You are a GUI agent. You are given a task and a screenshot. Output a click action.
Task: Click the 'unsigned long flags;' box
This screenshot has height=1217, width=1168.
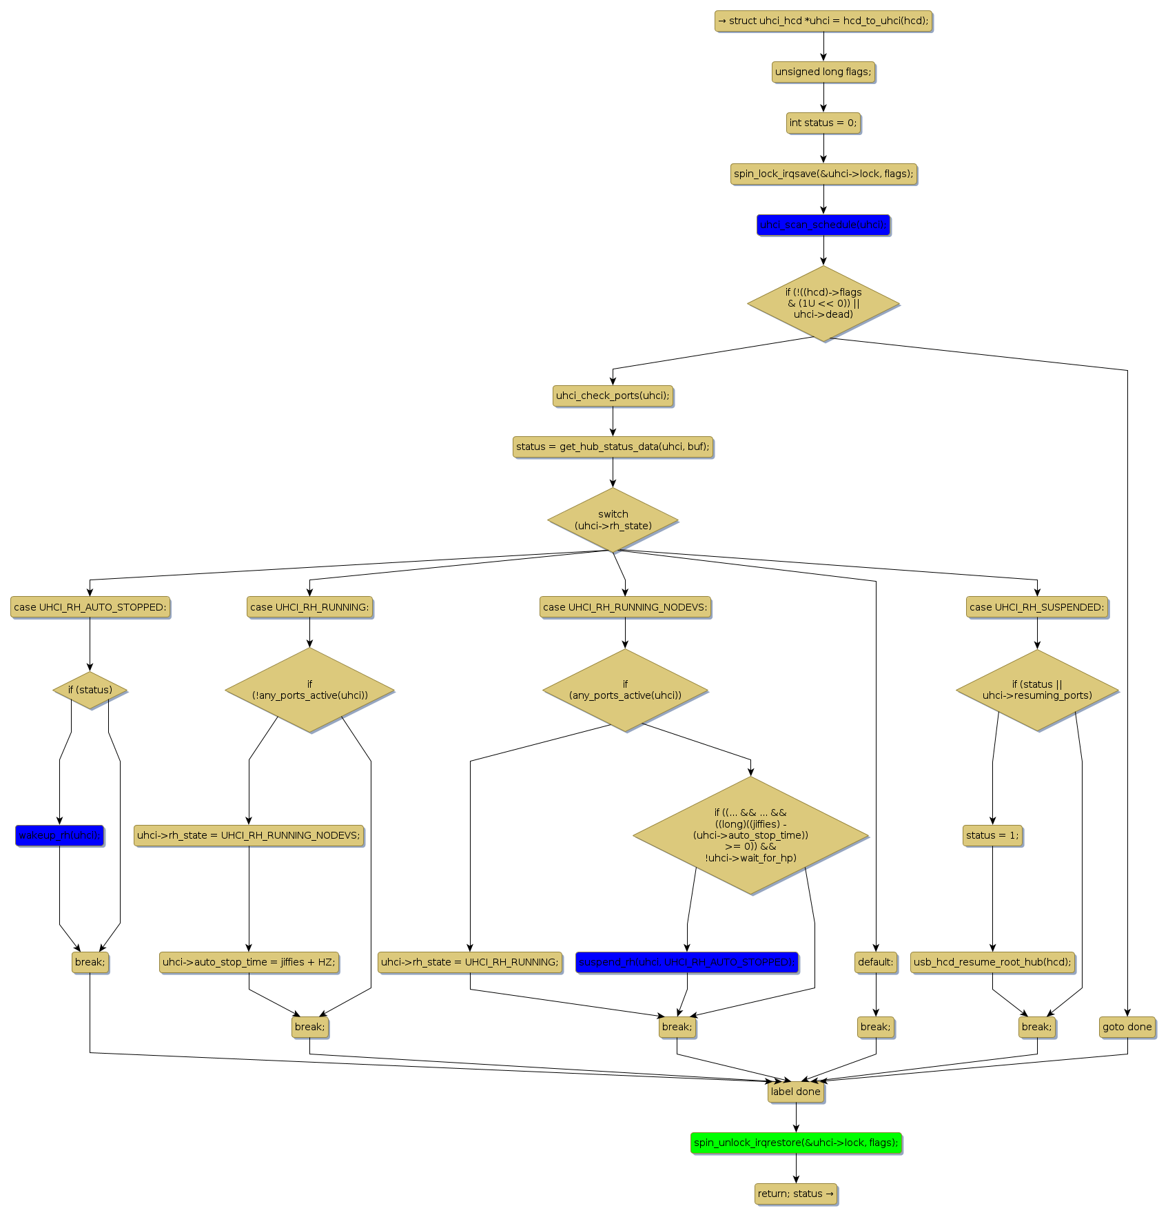pyautogui.click(x=823, y=72)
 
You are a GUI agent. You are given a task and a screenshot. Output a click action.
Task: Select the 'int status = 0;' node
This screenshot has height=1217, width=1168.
pyautogui.click(x=823, y=123)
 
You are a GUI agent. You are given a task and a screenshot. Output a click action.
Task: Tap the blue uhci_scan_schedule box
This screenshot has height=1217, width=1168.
pyautogui.click(x=823, y=225)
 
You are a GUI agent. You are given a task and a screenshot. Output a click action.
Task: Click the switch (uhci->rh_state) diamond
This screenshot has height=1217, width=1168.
pyautogui.click(x=613, y=520)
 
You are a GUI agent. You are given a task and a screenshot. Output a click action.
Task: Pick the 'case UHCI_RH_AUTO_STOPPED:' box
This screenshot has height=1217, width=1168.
pyautogui.click(x=90, y=607)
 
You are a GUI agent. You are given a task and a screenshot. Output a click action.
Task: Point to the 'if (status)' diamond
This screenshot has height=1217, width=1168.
pyautogui.click(x=90, y=690)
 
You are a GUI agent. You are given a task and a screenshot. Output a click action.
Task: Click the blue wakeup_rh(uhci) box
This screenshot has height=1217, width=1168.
pyautogui.click(x=59, y=835)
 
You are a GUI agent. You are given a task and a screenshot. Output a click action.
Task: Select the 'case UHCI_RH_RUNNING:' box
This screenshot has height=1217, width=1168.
pyautogui.click(x=309, y=607)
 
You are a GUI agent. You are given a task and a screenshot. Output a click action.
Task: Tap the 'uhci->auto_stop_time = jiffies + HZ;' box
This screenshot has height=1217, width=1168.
pyautogui.click(x=249, y=962)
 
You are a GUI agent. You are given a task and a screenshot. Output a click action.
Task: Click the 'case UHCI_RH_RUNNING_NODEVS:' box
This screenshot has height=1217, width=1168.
pyautogui.click(x=625, y=607)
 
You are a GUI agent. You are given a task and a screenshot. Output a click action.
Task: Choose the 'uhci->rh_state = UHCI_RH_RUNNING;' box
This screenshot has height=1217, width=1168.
pyautogui.click(x=470, y=962)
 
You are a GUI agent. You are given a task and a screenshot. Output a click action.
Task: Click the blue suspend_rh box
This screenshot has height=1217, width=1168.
pyautogui.click(x=686, y=962)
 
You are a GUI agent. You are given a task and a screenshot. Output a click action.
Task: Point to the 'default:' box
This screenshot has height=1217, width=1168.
pyautogui.click(x=876, y=962)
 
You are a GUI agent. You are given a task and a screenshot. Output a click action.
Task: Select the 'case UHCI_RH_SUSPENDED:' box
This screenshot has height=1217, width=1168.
pyautogui.click(x=1037, y=607)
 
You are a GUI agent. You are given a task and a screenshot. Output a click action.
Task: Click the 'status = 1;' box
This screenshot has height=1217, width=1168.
pyautogui.click(x=992, y=835)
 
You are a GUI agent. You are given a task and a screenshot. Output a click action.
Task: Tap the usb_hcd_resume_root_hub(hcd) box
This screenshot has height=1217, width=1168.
pyautogui.click(x=992, y=962)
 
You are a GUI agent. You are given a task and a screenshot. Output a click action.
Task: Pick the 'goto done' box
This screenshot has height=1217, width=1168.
pyautogui.click(x=1127, y=1027)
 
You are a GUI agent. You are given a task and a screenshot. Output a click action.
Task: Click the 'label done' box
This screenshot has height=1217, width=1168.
pyautogui.click(x=796, y=1092)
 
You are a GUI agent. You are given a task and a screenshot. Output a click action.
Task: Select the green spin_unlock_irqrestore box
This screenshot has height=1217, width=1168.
pyautogui.click(x=796, y=1143)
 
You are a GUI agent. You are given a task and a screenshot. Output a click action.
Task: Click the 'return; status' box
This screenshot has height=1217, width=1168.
pyautogui.click(x=796, y=1194)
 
